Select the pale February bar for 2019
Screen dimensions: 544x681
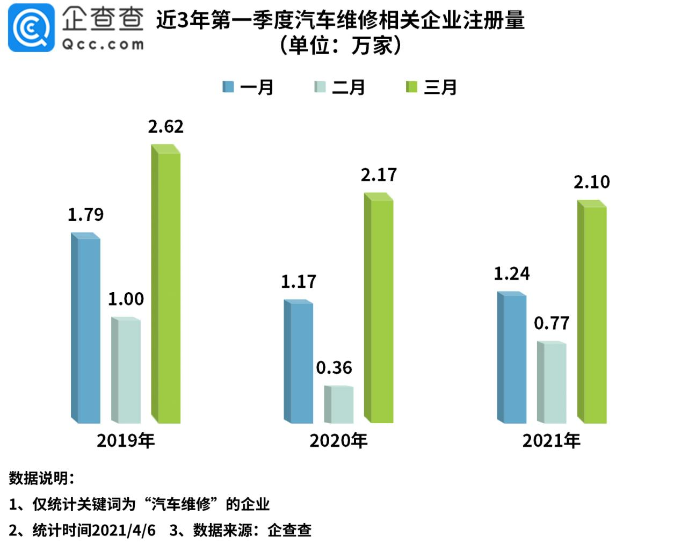[x=126, y=371]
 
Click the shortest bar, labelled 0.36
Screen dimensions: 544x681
[x=339, y=404]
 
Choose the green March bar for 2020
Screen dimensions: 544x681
[x=379, y=309]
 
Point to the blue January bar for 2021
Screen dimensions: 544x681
[x=512, y=358]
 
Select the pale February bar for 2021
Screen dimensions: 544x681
[x=552, y=382]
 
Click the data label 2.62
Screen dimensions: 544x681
[x=166, y=127]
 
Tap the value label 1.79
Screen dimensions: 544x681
[x=85, y=215]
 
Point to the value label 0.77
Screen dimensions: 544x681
[x=552, y=323]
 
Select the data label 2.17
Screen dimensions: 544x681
[x=379, y=175]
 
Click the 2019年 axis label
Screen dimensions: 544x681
[x=126, y=440]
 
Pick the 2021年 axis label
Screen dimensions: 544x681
[x=552, y=440]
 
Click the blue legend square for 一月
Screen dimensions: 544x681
[x=228, y=87]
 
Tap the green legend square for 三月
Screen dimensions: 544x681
[x=411, y=87]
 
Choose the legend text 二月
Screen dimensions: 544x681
[x=349, y=87]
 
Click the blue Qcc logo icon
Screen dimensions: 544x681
[x=31, y=28]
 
